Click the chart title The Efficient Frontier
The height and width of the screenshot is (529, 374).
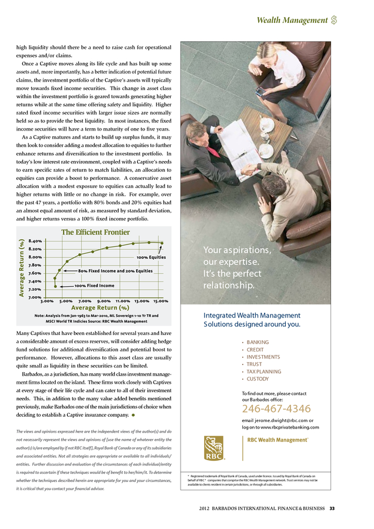95,232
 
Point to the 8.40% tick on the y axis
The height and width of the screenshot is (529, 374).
35,241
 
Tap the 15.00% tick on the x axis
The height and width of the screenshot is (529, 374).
161,301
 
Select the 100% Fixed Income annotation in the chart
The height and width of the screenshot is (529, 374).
94,286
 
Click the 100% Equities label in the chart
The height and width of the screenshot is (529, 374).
151,257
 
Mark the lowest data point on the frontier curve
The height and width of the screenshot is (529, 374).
56,286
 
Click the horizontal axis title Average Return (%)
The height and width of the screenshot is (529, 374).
100,307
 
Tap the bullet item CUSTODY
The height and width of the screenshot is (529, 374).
258,379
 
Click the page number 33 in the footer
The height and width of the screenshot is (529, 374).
332,508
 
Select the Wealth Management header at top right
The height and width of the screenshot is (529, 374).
292,21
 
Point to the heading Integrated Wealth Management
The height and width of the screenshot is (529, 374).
252,315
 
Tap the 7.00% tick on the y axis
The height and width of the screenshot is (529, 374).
35,297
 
